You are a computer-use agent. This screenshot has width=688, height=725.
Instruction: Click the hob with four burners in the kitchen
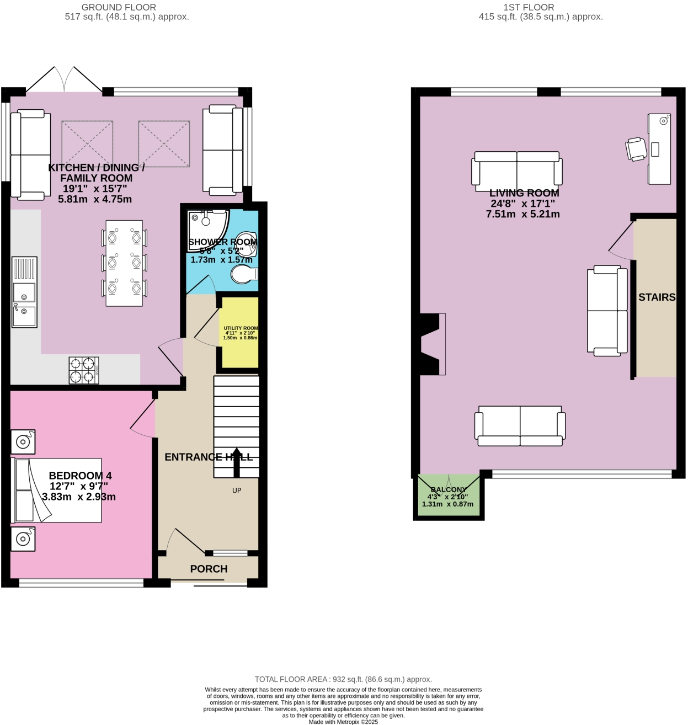pyautogui.click(x=84, y=370)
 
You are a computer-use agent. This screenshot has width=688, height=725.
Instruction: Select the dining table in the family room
pyautogui.click(x=124, y=263)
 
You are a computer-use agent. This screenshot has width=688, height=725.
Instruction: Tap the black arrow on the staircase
pyautogui.click(x=237, y=462)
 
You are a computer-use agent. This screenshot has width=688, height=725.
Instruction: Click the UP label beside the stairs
pyautogui.click(x=237, y=491)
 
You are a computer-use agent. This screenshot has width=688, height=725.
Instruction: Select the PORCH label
pyautogui.click(x=209, y=569)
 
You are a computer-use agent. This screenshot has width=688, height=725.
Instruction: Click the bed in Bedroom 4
pyautogui.click(x=57, y=490)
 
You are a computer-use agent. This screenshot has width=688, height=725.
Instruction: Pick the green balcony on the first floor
pyautogui.click(x=449, y=497)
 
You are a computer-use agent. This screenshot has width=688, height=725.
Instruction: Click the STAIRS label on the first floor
pyautogui.click(x=657, y=297)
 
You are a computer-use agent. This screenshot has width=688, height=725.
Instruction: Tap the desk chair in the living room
pyautogui.click(x=636, y=149)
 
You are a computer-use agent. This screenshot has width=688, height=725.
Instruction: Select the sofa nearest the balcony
pyautogui.click(x=520, y=425)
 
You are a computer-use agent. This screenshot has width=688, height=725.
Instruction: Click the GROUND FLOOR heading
pyautogui.click(x=119, y=7)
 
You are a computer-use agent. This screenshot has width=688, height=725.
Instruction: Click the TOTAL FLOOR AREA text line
pyautogui.click(x=343, y=679)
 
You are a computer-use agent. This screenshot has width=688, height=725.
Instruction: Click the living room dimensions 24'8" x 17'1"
pyautogui.click(x=522, y=204)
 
